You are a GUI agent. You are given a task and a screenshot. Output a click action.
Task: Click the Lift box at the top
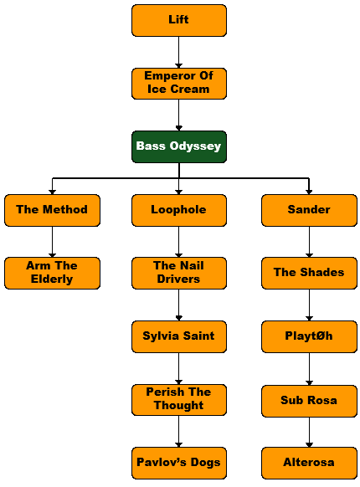coord(179,20)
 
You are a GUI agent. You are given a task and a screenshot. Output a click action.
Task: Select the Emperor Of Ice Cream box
coord(179,84)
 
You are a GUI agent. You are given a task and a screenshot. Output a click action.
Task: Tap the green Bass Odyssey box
coord(179,146)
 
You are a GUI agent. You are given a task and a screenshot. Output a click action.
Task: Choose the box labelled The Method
coord(52,210)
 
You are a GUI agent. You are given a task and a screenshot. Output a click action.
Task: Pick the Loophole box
coord(179,210)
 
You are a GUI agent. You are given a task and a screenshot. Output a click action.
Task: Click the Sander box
coord(309,210)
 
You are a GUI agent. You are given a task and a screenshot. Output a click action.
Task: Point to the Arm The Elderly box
coord(52,273)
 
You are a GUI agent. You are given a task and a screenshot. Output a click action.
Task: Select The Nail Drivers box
coord(179,273)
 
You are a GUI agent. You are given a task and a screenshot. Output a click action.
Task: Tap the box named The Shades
coord(309,273)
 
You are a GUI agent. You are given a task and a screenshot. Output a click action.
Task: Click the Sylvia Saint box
coord(179,336)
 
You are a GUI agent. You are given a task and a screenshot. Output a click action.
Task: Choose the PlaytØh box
coord(309,336)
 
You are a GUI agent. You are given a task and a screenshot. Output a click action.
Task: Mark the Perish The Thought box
coord(179,400)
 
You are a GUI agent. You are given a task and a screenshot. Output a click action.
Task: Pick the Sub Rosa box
coord(309,401)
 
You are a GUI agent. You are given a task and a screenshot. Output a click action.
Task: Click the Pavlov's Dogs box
coord(179,463)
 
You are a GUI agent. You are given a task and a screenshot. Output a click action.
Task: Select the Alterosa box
coord(309,463)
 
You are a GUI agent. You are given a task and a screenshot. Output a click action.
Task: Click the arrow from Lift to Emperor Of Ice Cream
coord(179,52)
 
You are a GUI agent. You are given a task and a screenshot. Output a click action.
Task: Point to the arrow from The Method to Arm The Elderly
coord(52,242)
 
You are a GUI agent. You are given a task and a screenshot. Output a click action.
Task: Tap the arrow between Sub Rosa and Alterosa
coord(309,432)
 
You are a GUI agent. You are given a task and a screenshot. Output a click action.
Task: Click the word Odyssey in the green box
coord(195,146)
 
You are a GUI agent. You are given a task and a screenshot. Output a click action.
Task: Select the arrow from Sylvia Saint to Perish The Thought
coord(179,369)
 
